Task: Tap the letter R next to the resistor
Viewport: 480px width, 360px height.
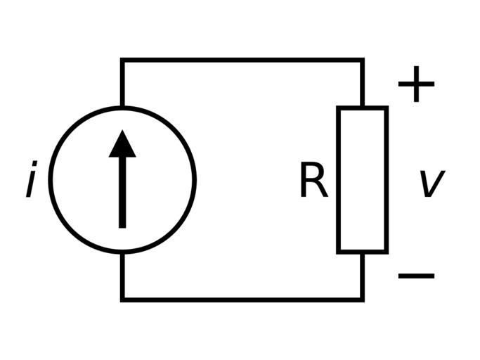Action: click(x=313, y=181)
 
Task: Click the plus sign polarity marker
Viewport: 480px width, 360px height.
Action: click(x=416, y=84)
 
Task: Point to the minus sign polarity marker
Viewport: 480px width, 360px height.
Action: click(x=416, y=275)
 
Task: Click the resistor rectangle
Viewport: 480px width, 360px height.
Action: click(x=362, y=179)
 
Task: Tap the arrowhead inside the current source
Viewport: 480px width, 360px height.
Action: click(x=122, y=143)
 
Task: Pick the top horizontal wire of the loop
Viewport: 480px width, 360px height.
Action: click(x=242, y=61)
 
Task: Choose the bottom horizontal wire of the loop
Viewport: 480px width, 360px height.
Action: click(x=242, y=299)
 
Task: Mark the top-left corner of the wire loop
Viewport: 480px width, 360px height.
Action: click(x=122, y=61)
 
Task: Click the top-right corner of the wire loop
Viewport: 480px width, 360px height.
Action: click(x=362, y=61)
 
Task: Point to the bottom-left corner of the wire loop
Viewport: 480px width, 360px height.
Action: click(x=122, y=299)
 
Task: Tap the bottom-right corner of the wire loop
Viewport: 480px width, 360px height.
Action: click(x=362, y=299)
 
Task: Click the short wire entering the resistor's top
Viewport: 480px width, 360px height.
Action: click(x=362, y=84)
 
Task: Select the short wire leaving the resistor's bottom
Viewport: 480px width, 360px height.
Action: click(x=362, y=276)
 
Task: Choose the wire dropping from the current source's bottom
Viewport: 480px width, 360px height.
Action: click(x=122, y=276)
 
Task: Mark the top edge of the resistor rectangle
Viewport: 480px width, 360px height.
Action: click(x=362, y=108)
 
